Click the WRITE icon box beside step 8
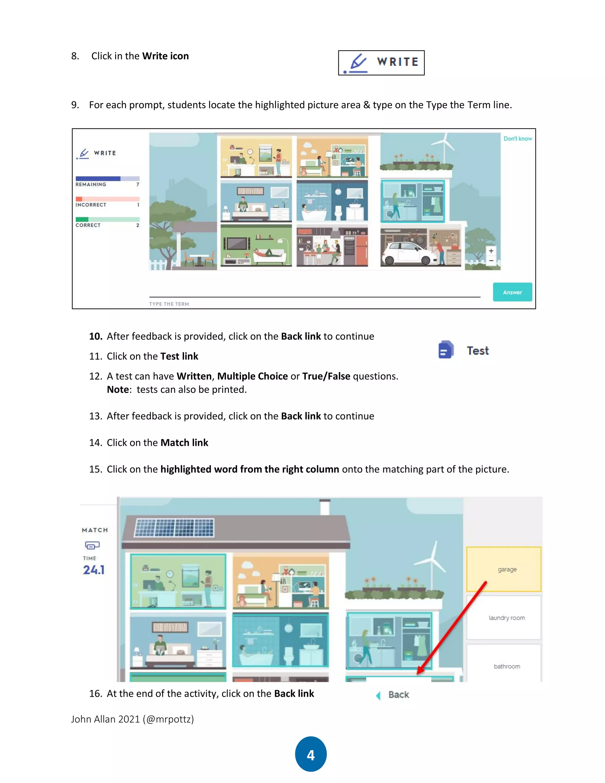381,63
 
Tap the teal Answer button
512,292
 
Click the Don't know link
518,138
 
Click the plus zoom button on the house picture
491,251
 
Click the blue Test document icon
445,350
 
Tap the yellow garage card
504,569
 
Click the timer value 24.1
94,570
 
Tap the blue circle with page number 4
311,754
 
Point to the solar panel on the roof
175,527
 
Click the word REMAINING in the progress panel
91,184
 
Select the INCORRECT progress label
91,205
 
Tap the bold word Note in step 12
118,390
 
